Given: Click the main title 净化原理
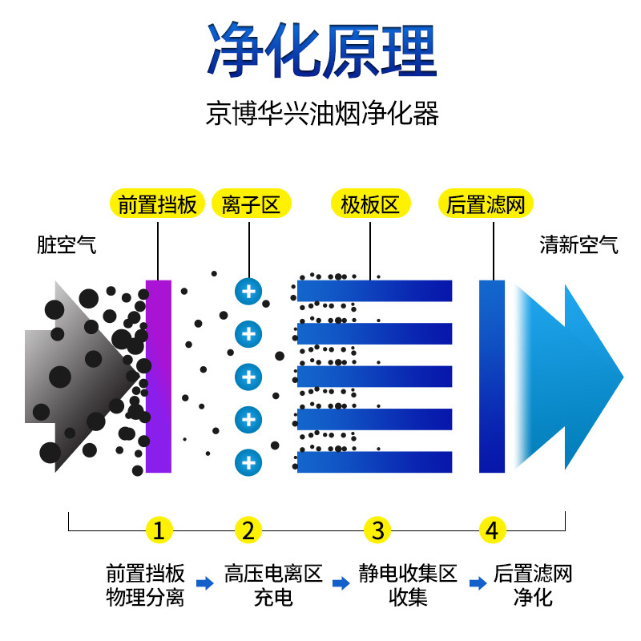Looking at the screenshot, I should (321, 50).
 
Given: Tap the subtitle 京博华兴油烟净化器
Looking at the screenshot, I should (321, 113).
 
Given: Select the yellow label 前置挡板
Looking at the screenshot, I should (157, 204).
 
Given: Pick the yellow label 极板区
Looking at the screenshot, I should (370, 204).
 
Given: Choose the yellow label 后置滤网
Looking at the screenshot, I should (486, 204).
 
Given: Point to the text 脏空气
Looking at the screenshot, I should (67, 245).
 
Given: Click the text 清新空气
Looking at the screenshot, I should (579, 245).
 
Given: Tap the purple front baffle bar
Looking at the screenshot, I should (159, 376).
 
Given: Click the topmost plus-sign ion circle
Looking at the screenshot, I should (248, 290).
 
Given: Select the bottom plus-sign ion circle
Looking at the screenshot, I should (248, 462).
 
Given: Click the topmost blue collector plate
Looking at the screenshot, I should (375, 290).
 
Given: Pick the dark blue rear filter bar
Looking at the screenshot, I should (492, 376).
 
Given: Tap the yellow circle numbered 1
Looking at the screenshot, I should (159, 530).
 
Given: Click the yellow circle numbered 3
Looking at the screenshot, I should (377, 530).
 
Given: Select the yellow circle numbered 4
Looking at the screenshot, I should (493, 530).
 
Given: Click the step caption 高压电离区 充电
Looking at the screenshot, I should (272, 585).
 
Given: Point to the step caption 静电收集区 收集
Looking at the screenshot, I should (408, 585).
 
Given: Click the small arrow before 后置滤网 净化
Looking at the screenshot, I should (477, 583).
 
